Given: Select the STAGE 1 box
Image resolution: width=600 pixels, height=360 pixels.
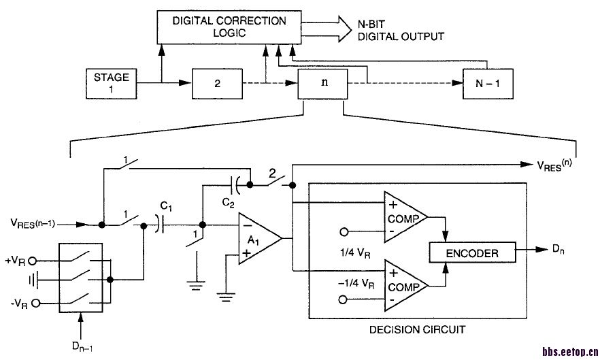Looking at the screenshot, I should pos(111,83).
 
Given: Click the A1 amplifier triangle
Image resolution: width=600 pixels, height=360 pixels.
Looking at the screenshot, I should pos(258,238).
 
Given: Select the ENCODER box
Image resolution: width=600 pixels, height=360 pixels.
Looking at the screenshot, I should pos(471,253).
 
